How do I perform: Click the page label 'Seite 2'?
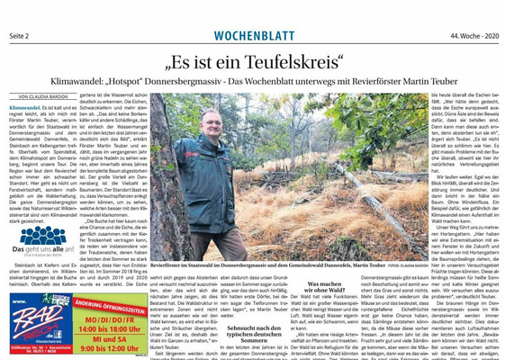click(x=22, y=35)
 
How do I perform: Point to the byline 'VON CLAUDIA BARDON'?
click(x=44, y=97)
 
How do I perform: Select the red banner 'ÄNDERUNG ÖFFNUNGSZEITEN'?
click(x=109, y=303)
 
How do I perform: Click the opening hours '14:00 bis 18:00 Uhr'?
click(x=109, y=328)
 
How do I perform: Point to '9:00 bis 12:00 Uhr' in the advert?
click(x=109, y=351)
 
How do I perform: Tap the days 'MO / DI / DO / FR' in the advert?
click(x=109, y=318)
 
